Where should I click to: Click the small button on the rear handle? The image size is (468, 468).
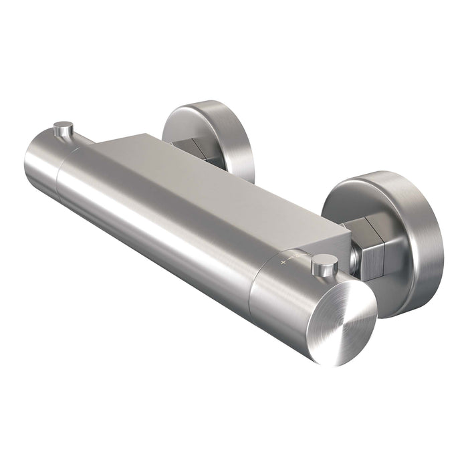tap(64, 128)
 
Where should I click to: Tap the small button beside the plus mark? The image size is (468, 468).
tap(324, 265)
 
